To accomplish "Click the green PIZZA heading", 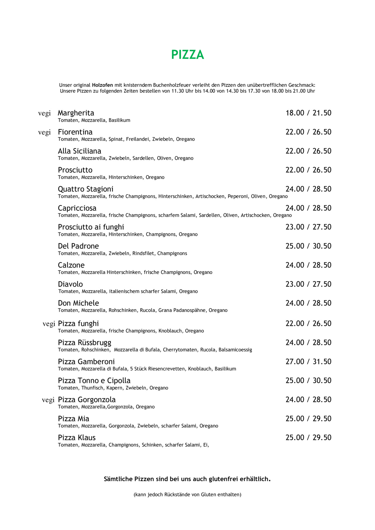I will tap(187, 55).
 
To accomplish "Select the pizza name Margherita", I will tap(76, 113).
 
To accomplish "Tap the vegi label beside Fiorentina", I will tap(44, 132).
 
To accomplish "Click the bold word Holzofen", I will tap(102, 85).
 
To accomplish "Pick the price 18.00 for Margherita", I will tap(295, 113).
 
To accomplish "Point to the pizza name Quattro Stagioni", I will tap(86, 189).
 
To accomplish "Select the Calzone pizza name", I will tap(71, 265).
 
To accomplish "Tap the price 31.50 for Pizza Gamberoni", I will tap(322, 362).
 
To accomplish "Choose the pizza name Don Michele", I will tap(78, 303).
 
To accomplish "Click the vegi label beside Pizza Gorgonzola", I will tap(48, 400).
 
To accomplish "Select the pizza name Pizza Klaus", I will tap(77, 438).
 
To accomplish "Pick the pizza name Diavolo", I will tap(70, 284).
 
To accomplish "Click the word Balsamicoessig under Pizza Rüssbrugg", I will tap(235, 350).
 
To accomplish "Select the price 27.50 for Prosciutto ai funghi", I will tap(322, 227).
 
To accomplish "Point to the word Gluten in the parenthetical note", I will tap(208, 494).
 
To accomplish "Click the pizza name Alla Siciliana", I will tap(79, 151).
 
